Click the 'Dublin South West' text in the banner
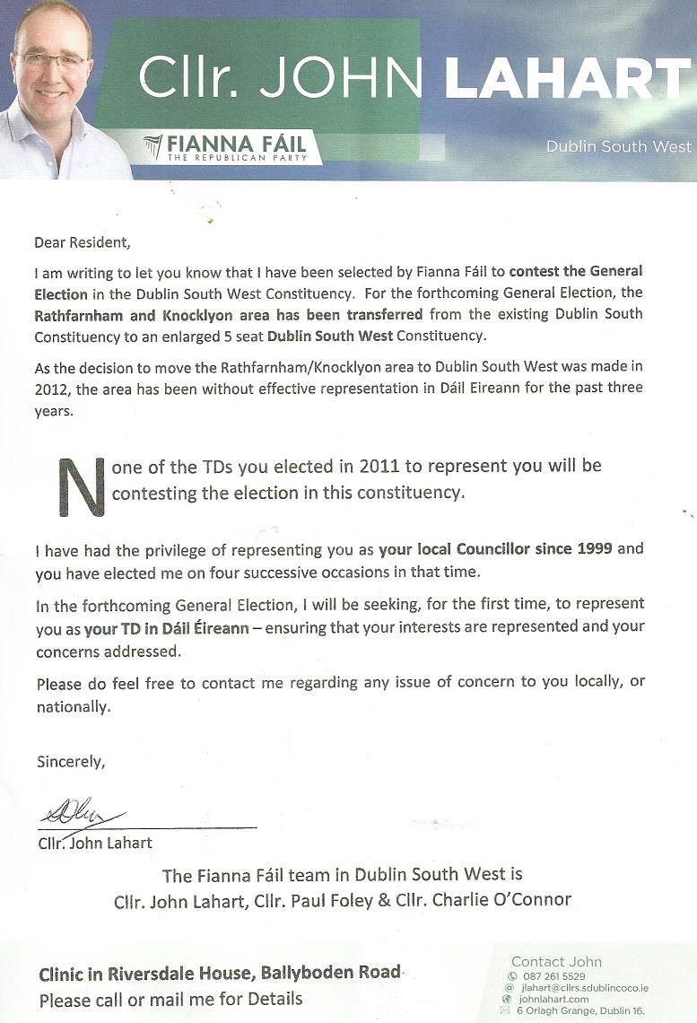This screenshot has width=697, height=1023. (619, 146)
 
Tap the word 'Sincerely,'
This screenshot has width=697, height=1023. (71, 763)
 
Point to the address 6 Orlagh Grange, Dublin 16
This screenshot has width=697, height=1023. (582, 1010)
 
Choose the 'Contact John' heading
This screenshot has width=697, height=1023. (556, 961)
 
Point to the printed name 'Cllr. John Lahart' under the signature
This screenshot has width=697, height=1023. (95, 843)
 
